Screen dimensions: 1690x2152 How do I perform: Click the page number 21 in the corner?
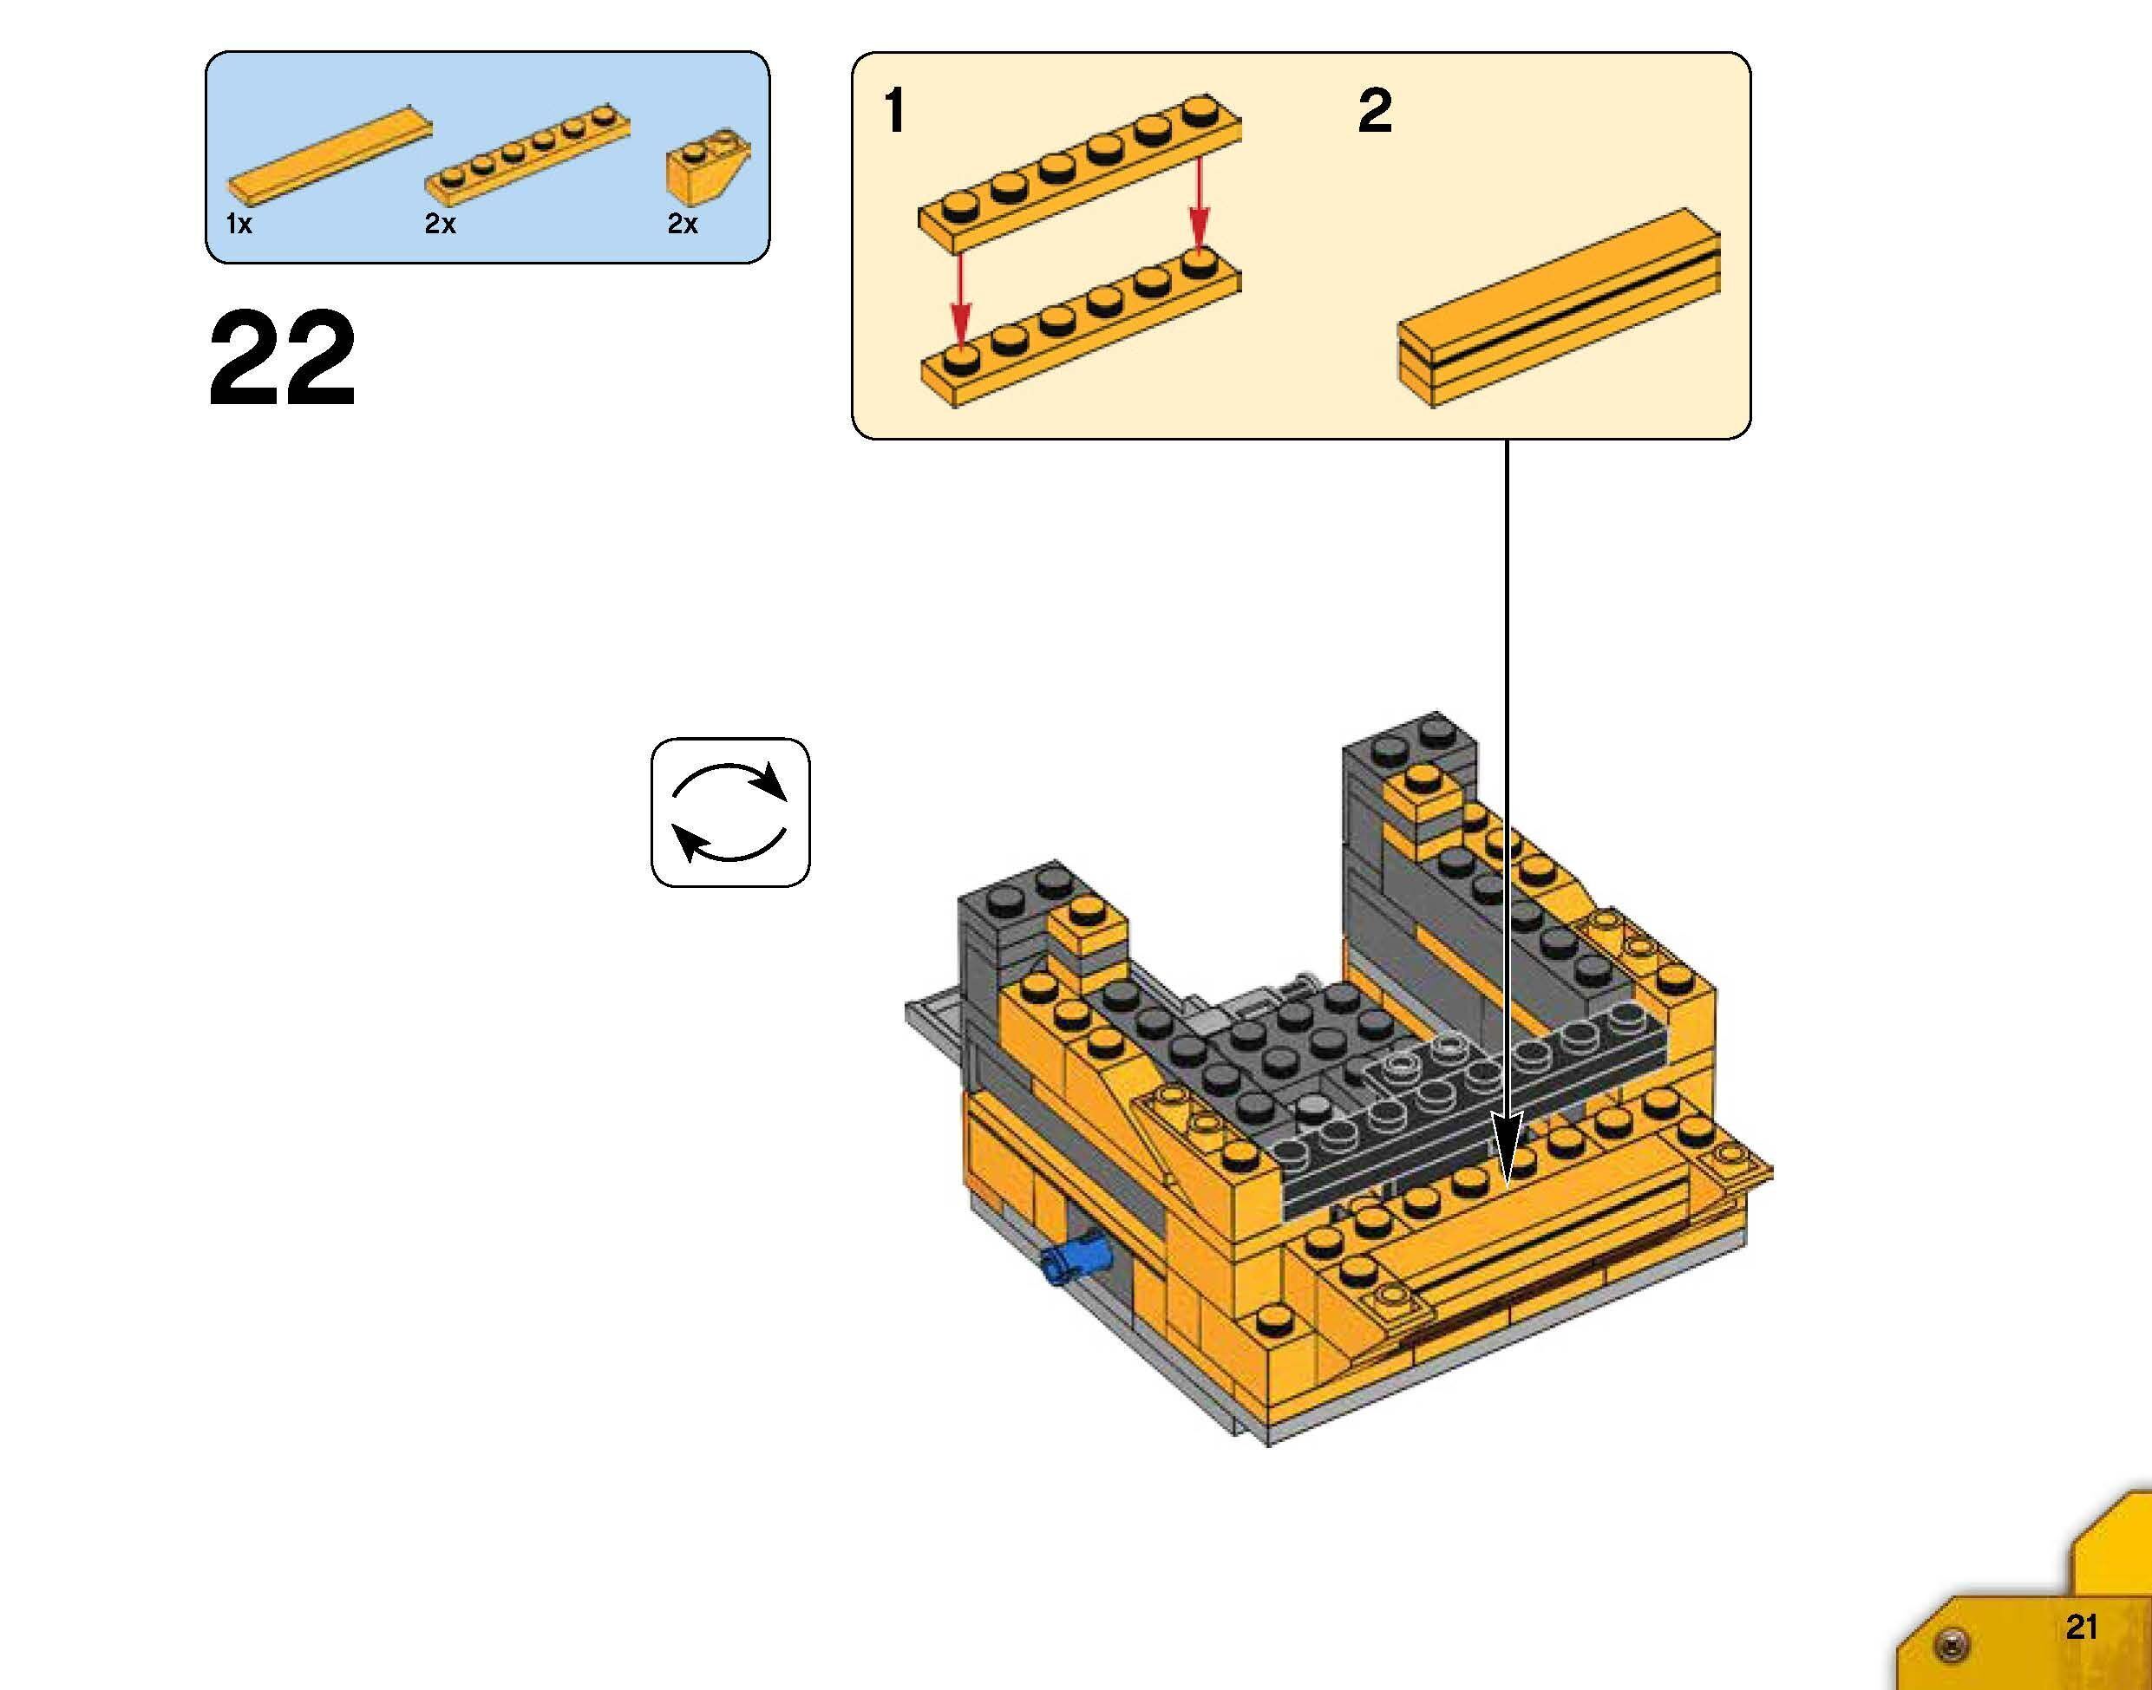[2081, 1627]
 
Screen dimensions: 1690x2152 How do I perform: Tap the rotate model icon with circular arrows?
[729, 812]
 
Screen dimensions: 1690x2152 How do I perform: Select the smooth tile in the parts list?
[330, 152]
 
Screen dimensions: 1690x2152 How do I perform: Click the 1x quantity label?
[239, 225]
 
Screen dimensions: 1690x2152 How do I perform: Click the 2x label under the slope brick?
[682, 225]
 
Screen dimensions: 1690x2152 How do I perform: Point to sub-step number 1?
[894, 111]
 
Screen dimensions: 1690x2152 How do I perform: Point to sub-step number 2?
[1375, 111]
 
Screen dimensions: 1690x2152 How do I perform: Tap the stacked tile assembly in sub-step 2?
[1559, 307]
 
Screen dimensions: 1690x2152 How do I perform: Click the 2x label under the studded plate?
[441, 225]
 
